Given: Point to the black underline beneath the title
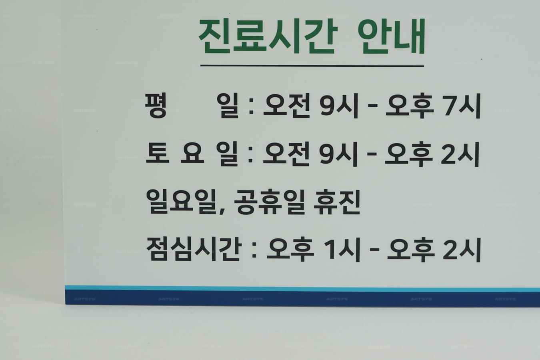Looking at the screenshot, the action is [312, 66].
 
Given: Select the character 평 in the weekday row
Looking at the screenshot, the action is [156, 106].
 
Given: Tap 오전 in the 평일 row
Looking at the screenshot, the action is [286, 106].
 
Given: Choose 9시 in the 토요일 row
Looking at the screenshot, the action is [339, 154].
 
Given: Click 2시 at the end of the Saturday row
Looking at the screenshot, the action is [460, 154].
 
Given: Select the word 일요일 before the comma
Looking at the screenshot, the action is [181, 202].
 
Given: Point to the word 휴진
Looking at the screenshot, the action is [337, 202].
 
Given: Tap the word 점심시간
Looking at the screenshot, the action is [194, 249].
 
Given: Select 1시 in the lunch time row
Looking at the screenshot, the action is [342, 250].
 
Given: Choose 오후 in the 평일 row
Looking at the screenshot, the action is [410, 106].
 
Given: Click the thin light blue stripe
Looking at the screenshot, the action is [302, 288].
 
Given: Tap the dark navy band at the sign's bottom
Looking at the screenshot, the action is [302, 298].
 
